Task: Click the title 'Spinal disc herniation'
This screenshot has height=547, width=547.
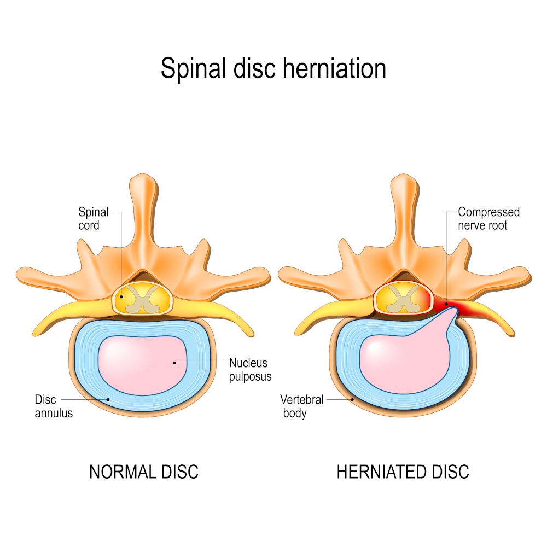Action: [273, 69]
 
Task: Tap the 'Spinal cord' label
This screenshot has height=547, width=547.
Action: [92, 218]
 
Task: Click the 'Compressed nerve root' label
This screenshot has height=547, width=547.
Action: [488, 218]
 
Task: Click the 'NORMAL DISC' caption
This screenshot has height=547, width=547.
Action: [144, 472]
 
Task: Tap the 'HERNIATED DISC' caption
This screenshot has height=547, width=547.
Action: [403, 472]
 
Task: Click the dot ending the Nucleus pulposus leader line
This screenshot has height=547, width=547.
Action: [174, 362]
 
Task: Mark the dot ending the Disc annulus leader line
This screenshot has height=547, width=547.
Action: [109, 399]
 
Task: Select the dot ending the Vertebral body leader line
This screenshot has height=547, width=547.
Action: [353, 399]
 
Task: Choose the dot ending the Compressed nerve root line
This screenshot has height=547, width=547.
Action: [446, 303]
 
